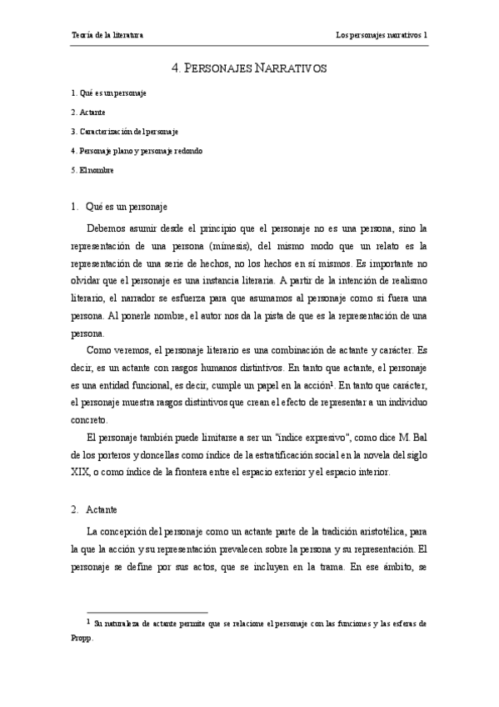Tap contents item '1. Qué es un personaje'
pyautogui.click(x=109, y=93)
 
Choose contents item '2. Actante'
pyautogui.click(x=88, y=112)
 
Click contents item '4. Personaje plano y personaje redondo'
pyautogui.click(x=137, y=151)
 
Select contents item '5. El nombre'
pyautogui.click(x=92, y=170)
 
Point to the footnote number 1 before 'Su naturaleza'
pyautogui.click(x=88, y=621)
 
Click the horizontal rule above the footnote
pyautogui.click(x=139, y=612)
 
